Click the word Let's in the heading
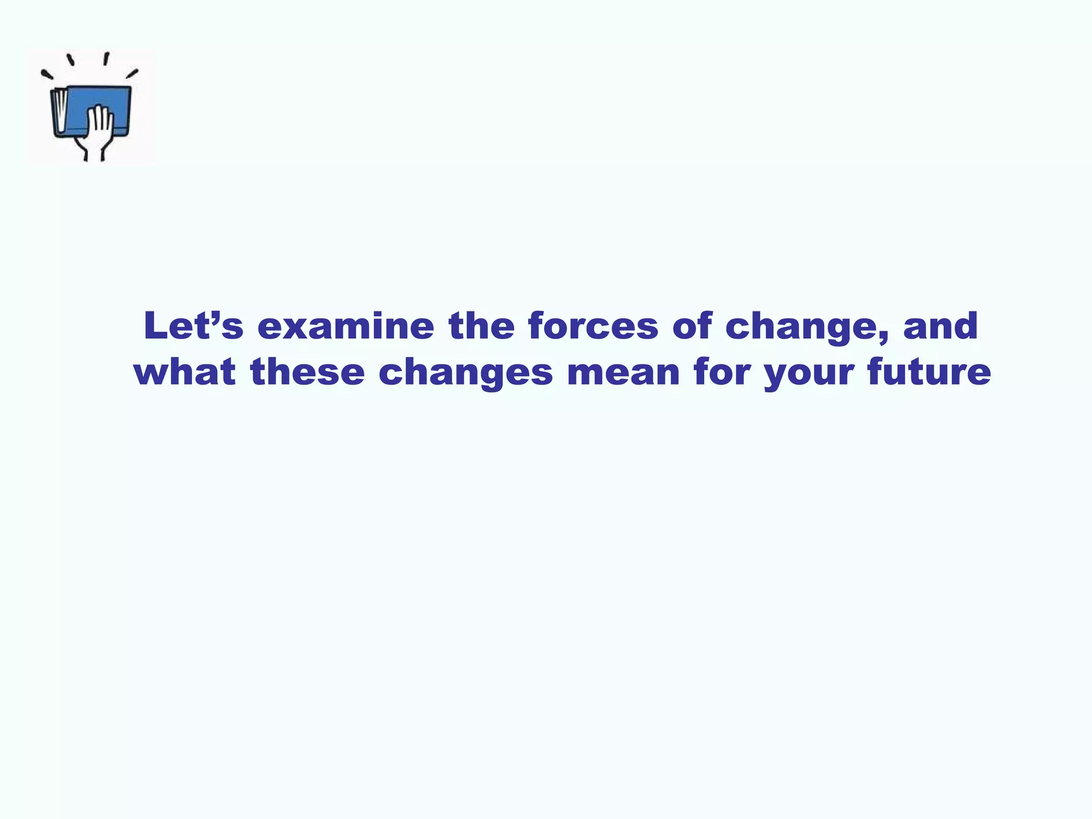(193, 326)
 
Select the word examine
(346, 326)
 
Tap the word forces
(593, 326)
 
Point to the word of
(692, 326)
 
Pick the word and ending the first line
(940, 326)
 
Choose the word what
(184, 372)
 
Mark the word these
(307, 372)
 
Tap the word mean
(623, 372)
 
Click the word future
(929, 372)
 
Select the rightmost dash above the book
(132, 74)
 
